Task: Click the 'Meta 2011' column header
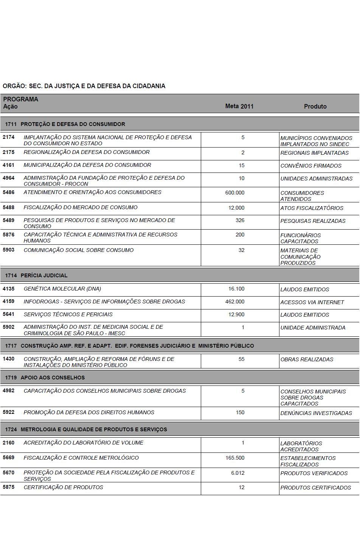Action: pyautogui.click(x=239, y=106)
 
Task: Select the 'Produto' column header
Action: pyautogui.click(x=315, y=106)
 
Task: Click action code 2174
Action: pyautogui.click(x=8, y=137)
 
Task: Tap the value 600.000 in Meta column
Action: pyautogui.click(x=235, y=193)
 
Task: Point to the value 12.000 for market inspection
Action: pyautogui.click(x=236, y=208)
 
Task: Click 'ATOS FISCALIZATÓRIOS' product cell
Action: pyautogui.click(x=312, y=208)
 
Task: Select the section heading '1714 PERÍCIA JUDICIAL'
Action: pyautogui.click(x=36, y=275)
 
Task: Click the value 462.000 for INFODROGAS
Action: pyautogui.click(x=235, y=302)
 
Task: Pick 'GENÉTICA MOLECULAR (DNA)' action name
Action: pyautogui.click(x=62, y=289)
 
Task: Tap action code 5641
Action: pyautogui.click(x=8, y=314)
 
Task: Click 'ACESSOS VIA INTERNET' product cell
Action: pyautogui.click(x=312, y=302)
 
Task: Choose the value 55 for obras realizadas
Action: pyautogui.click(x=241, y=359)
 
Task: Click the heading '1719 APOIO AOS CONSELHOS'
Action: pyautogui.click(x=45, y=378)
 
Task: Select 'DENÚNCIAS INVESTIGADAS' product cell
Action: pyautogui.click(x=316, y=413)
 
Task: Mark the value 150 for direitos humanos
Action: pyautogui.click(x=240, y=412)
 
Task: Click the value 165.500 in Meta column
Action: pyautogui.click(x=235, y=458)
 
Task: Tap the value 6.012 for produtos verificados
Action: pyautogui.click(x=238, y=473)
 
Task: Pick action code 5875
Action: pyautogui.click(x=8, y=487)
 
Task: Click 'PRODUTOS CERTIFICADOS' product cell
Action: pyautogui.click(x=315, y=488)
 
